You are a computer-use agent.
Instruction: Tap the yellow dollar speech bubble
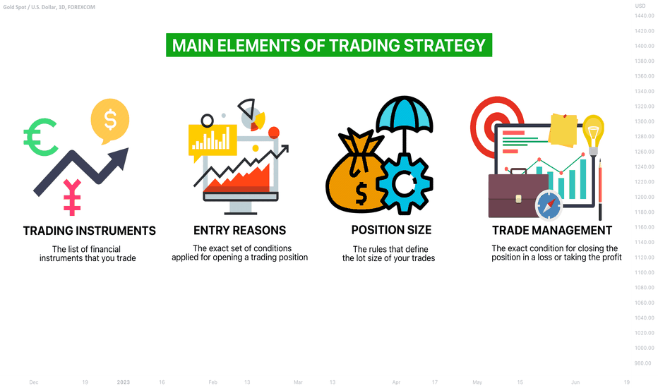(x=110, y=120)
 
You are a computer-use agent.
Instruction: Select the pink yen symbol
(x=72, y=197)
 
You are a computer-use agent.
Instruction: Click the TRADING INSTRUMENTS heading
(x=90, y=231)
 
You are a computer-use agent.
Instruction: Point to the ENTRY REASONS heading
(x=239, y=230)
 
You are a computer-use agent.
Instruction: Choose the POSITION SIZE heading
(x=391, y=230)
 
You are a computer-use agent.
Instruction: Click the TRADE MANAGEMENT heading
(x=552, y=230)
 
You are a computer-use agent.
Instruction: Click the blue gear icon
(x=404, y=183)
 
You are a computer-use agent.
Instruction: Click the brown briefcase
(x=518, y=195)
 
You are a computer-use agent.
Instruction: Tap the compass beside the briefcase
(x=549, y=205)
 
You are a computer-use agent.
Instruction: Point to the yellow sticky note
(x=563, y=130)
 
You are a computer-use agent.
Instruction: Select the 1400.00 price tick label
(x=644, y=46)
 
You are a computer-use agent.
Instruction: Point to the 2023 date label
(x=124, y=382)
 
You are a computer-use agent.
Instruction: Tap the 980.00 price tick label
(x=643, y=363)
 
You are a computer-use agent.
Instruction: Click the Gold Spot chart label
(x=49, y=7)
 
